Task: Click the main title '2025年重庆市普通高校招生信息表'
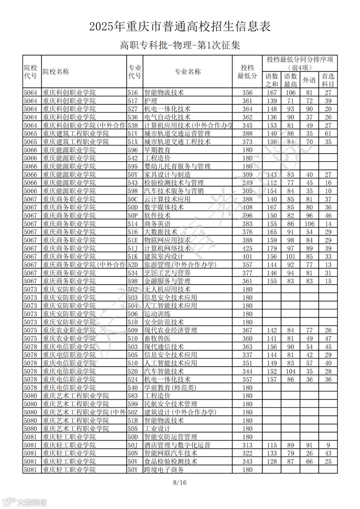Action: click(180, 27)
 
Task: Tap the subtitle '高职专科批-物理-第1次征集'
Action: click(180, 45)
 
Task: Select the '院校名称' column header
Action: click(56, 72)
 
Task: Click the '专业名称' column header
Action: click(188, 72)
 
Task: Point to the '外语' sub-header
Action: click(309, 80)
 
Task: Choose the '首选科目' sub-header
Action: click(328, 80)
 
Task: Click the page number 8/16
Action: click(180, 482)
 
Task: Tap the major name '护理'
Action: click(151, 101)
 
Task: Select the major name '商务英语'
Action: click(157, 224)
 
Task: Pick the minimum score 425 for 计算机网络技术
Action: click(247, 249)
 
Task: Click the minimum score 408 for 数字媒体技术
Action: click(247, 208)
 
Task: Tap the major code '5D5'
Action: click(133, 429)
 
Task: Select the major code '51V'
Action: click(133, 134)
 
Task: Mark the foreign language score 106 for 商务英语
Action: click(309, 224)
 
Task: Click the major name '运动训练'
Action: click(157, 314)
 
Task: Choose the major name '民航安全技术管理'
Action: click(171, 404)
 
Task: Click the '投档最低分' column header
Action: click(247, 72)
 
